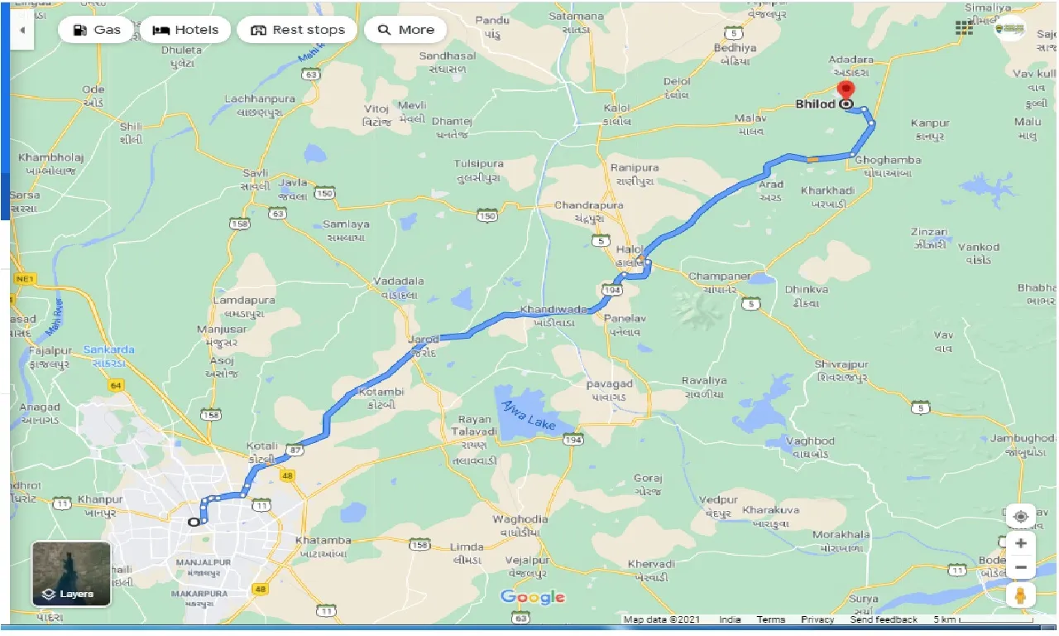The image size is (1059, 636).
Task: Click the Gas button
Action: coord(97,30)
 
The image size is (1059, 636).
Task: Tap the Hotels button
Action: coord(186,30)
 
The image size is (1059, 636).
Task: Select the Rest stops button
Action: coord(297,30)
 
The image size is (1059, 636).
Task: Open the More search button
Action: coord(405,30)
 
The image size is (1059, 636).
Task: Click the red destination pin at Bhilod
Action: coord(846,91)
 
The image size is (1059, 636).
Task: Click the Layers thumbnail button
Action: coord(71,574)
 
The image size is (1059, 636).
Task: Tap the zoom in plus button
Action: coord(1020,543)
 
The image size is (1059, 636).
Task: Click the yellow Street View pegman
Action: coord(1020,595)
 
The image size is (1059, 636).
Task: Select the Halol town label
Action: coord(630,249)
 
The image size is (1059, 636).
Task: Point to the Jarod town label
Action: coord(424,340)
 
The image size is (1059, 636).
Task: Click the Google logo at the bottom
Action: coord(533,597)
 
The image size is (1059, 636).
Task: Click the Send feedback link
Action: coord(884,619)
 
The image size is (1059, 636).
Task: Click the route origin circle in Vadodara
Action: coord(194,522)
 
